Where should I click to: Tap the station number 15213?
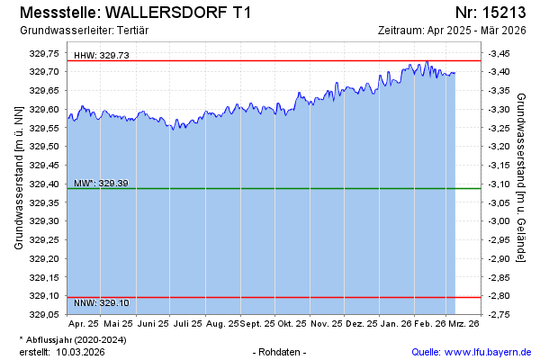click(x=504, y=13)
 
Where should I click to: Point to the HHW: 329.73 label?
click(x=102, y=55)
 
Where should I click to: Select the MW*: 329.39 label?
click(x=102, y=184)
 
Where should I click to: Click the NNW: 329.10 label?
click(x=102, y=303)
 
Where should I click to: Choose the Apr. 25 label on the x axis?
click(x=84, y=323)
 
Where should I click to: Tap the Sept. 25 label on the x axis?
click(x=257, y=323)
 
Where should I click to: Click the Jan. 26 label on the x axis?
click(x=395, y=323)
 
